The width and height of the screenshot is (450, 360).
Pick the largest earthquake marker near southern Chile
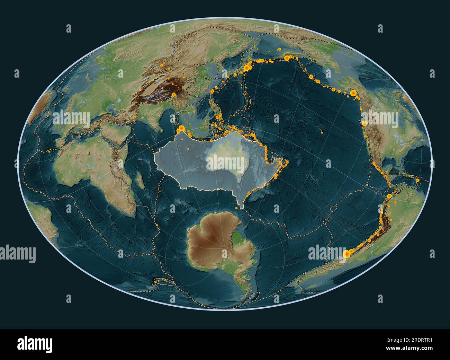tap(345, 254)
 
